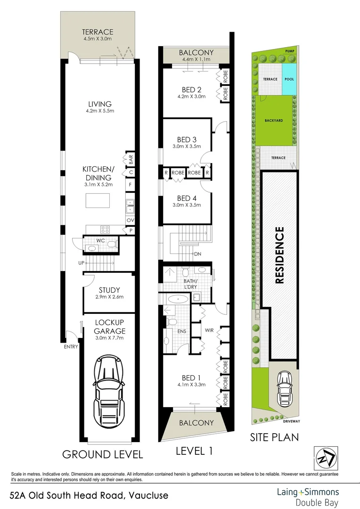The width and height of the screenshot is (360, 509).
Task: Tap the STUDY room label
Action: tap(109, 290)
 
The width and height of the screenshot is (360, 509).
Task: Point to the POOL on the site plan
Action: tap(289, 79)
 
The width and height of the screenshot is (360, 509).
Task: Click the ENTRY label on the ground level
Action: tap(70, 347)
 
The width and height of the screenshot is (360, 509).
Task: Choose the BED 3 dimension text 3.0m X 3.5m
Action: tap(187, 146)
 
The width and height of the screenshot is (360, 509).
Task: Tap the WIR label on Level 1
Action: tap(210, 330)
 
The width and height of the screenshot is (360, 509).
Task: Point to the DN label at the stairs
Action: tap(197, 255)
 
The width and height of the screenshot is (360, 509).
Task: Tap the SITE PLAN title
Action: tap(274, 437)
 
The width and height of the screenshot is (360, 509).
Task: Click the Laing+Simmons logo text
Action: tap(307, 492)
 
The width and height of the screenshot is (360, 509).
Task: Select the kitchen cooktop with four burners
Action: tap(105, 230)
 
